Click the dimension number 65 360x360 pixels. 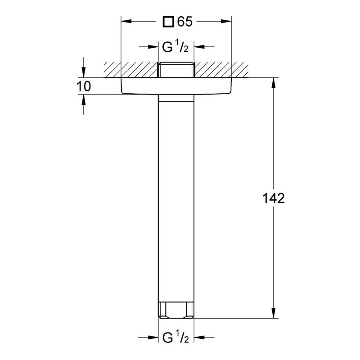tap(185, 22)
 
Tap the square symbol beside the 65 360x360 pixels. tap(168, 22)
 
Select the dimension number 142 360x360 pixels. tap(273, 198)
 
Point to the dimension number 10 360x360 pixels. tap(84, 86)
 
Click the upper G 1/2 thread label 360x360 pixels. tap(175, 47)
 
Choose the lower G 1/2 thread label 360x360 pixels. tap(175, 337)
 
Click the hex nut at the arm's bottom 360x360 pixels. tap(176, 310)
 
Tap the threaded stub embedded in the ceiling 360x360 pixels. tap(176, 70)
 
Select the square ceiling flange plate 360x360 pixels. tap(176, 86)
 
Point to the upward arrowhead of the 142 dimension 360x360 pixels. tap(273, 83)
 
